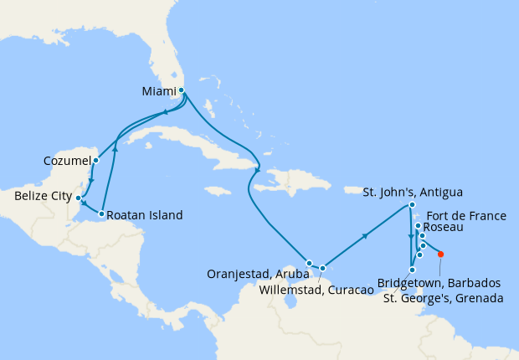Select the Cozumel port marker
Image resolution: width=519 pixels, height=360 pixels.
click(x=95, y=160)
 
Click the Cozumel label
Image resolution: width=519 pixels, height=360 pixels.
click(x=66, y=160)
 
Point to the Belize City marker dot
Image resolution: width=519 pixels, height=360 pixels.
click(x=79, y=198)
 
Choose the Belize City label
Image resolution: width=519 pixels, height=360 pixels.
click(x=43, y=198)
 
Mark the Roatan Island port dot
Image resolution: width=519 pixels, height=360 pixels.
click(x=101, y=214)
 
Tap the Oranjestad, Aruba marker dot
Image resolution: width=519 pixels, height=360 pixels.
click(x=309, y=263)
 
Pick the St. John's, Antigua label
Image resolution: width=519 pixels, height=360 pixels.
click(x=413, y=192)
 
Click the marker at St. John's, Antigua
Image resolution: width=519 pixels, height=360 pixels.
click(x=412, y=205)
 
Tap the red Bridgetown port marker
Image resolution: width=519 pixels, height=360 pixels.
click(x=441, y=255)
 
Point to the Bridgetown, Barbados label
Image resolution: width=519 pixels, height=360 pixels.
click(x=439, y=283)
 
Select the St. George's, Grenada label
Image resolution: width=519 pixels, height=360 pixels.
click(x=442, y=298)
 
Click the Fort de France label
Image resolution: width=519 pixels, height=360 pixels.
click(x=470, y=215)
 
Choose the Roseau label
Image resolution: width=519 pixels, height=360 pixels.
click(x=440, y=227)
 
